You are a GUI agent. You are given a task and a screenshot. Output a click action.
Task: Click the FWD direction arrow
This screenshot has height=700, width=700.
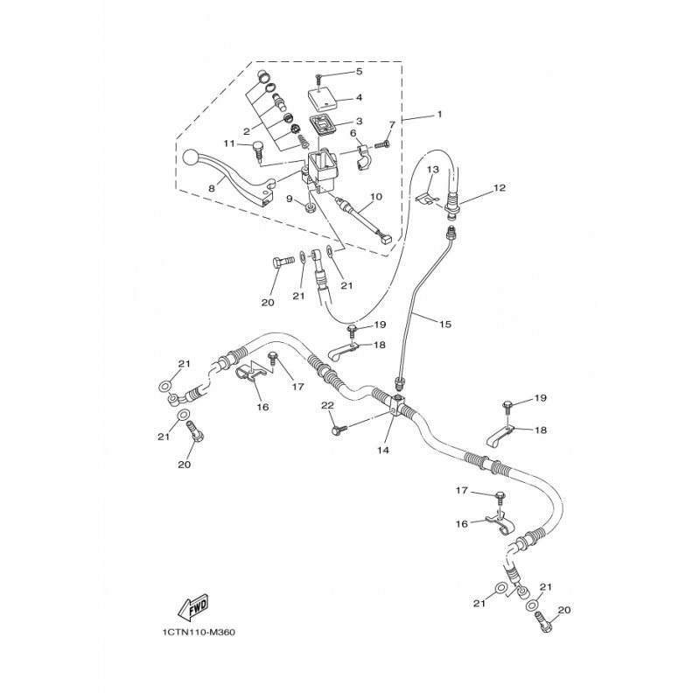pyautogui.click(x=193, y=606)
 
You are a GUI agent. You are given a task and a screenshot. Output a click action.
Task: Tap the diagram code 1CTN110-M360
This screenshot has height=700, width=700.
pyautogui.click(x=199, y=633)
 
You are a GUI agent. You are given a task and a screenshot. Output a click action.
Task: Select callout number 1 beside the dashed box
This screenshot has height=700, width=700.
pyautogui.click(x=440, y=115)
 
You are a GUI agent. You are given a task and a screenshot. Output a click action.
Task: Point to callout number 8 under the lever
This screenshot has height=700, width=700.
pyautogui.click(x=211, y=188)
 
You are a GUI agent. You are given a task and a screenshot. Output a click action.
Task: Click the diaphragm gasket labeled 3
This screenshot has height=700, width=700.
pyautogui.click(x=324, y=127)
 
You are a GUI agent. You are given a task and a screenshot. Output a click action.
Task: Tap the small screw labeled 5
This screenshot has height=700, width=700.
pyautogui.click(x=318, y=80)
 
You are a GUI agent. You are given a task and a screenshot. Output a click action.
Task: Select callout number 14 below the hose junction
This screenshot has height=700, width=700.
pyautogui.click(x=383, y=450)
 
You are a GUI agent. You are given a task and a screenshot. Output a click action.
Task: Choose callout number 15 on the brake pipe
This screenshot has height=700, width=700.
pyautogui.click(x=445, y=324)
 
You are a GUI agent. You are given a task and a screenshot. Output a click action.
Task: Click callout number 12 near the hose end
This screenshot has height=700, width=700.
pyautogui.click(x=500, y=187)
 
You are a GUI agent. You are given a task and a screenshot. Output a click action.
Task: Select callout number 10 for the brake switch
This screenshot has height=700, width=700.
pyautogui.click(x=376, y=196)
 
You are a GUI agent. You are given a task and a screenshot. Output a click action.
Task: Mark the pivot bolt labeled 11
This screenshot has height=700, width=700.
pyautogui.click(x=258, y=150)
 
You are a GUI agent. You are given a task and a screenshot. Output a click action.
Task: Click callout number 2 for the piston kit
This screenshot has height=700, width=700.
pyautogui.click(x=246, y=131)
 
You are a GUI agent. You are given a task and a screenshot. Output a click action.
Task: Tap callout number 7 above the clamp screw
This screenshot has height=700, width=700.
pyautogui.click(x=392, y=123)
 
